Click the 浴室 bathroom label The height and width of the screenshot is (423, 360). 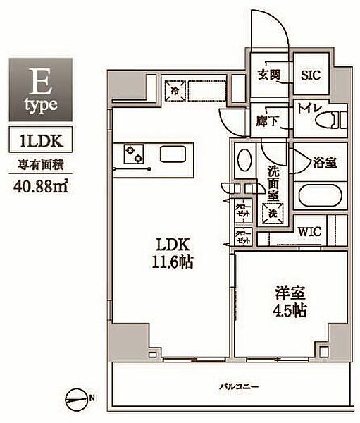(325, 162)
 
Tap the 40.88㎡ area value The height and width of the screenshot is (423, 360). (39, 187)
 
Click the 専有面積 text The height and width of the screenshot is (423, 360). (39, 166)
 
